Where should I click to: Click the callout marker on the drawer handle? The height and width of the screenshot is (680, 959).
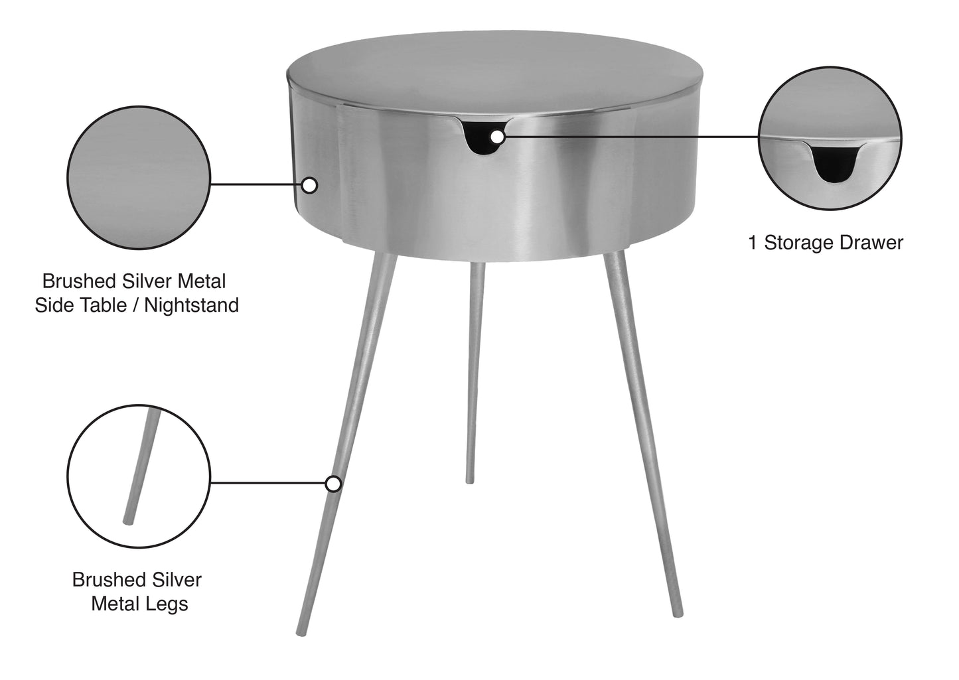[x=497, y=137]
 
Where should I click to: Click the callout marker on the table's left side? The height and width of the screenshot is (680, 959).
[x=309, y=185]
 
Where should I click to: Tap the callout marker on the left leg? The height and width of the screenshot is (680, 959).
[x=333, y=484]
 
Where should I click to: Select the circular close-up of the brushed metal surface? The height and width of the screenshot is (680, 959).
[x=139, y=178]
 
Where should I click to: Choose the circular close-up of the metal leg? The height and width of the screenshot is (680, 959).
[x=139, y=466]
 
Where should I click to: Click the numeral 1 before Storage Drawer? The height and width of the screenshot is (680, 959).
[x=753, y=243]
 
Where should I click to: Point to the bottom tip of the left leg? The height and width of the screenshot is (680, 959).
[x=299, y=632]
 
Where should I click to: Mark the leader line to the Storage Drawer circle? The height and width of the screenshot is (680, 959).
[x=630, y=137]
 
